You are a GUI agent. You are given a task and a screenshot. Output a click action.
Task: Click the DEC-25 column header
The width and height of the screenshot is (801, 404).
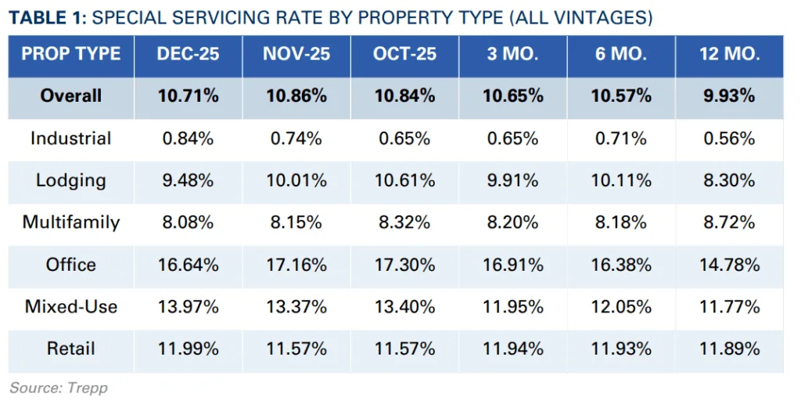(188, 54)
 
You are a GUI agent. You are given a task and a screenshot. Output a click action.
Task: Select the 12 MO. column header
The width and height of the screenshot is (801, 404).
(729, 54)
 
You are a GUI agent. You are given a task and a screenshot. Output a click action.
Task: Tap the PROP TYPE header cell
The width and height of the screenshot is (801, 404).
(71, 54)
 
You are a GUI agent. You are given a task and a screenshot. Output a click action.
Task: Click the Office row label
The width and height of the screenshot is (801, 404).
(71, 265)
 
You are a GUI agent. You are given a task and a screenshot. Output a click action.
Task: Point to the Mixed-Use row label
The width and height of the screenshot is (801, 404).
(71, 306)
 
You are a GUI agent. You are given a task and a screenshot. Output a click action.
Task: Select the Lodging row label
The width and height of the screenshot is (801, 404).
(71, 180)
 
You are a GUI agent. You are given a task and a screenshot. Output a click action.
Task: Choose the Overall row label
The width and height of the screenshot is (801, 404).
(71, 96)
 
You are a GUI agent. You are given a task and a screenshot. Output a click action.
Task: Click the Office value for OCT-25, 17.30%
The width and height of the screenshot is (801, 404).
(404, 265)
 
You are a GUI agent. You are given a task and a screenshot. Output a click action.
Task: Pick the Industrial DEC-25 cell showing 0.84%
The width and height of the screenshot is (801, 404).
(188, 139)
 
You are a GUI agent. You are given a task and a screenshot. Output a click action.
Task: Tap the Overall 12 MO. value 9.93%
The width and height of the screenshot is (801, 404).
(729, 96)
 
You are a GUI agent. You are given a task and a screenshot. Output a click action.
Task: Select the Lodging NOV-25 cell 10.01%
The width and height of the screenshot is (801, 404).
(295, 180)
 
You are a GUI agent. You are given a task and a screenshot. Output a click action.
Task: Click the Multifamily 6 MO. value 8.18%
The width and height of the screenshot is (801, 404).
(621, 222)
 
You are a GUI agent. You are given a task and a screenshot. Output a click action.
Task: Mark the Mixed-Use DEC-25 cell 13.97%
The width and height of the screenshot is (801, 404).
(188, 306)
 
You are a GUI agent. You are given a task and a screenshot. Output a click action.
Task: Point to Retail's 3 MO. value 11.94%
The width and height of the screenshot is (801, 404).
(513, 348)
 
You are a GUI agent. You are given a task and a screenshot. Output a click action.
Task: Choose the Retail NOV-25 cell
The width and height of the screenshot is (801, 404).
(295, 348)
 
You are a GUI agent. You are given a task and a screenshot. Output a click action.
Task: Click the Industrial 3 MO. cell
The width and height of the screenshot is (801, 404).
(513, 139)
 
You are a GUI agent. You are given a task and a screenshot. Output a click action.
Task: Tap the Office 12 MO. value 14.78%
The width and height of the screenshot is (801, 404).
(729, 265)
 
